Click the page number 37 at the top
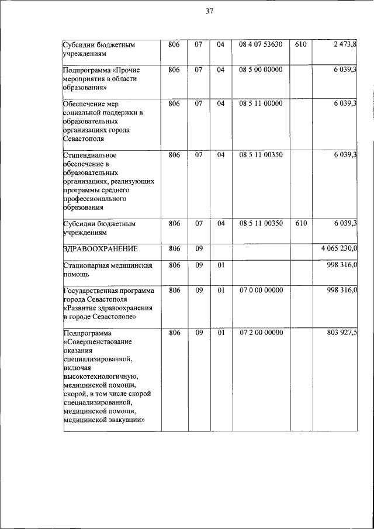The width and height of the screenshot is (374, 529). pyautogui.click(x=209, y=11)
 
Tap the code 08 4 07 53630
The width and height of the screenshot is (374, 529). pyautogui.click(x=261, y=44)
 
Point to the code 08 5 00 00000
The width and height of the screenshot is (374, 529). pyautogui.click(x=261, y=70)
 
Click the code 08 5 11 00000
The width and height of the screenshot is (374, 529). pyautogui.click(x=261, y=103)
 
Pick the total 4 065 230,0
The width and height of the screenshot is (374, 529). pyautogui.click(x=339, y=249)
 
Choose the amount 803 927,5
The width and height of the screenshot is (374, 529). pyautogui.click(x=342, y=333)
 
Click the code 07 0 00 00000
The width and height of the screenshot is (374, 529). pyautogui.click(x=261, y=290)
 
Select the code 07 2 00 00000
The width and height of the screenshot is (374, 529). pyautogui.click(x=261, y=333)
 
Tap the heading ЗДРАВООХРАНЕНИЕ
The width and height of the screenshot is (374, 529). pyautogui.click(x=100, y=249)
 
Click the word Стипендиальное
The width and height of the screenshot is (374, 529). pyautogui.click(x=90, y=155)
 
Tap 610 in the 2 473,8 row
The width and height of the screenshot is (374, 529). pyautogui.click(x=300, y=44)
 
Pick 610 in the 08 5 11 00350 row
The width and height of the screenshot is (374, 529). pyautogui.click(x=300, y=223)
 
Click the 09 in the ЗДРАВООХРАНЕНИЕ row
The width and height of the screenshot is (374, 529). pyautogui.click(x=199, y=249)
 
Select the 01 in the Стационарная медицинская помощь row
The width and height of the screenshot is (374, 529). pyautogui.click(x=220, y=265)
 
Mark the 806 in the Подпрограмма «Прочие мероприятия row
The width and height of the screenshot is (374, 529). pyautogui.click(x=174, y=70)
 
